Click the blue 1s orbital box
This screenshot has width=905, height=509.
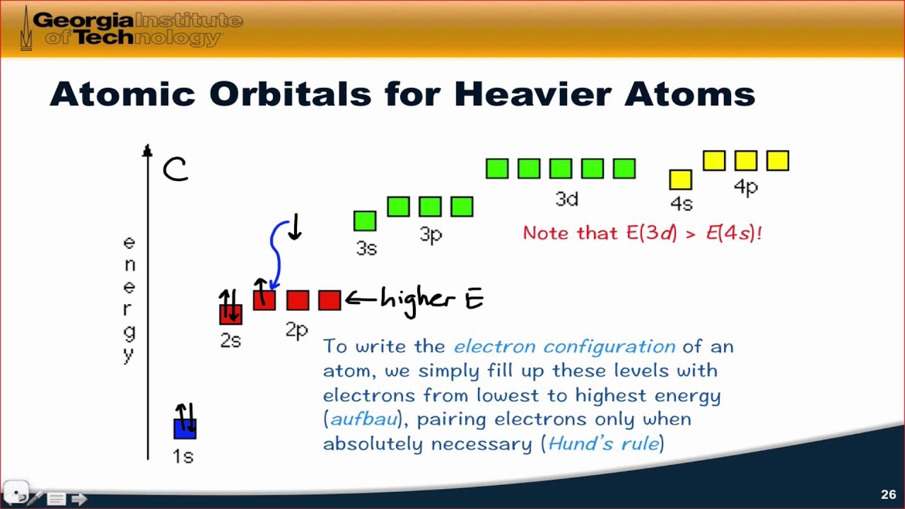(185, 428)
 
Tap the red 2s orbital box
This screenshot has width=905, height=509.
(230, 314)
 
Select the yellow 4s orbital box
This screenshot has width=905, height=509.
(680, 180)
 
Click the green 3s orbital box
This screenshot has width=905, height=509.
(365, 221)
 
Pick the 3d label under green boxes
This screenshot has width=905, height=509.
(566, 199)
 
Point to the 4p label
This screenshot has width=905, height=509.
(746, 187)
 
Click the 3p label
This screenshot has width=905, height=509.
(431, 235)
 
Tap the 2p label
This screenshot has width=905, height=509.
(297, 329)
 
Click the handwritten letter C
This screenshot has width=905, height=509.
(175, 170)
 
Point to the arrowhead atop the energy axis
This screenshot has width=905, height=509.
(147, 151)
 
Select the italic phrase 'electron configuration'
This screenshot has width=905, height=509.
(564, 346)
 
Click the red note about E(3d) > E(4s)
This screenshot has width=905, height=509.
(642, 233)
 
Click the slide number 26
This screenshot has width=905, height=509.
(888, 494)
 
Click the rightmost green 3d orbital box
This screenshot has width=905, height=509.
(624, 168)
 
